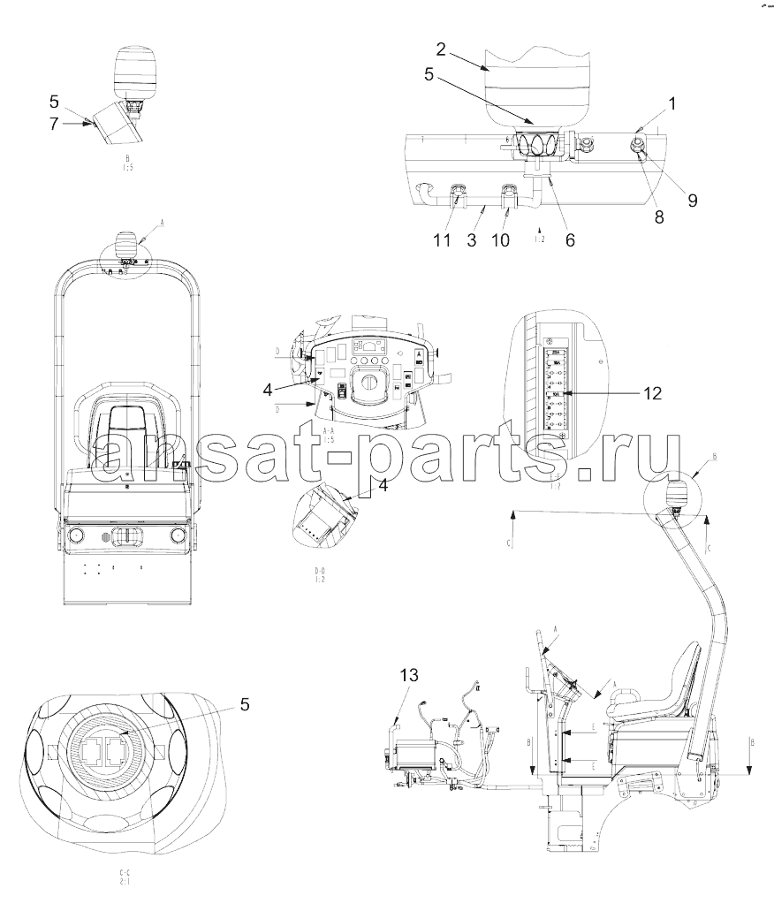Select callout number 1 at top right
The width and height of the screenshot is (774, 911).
(x=672, y=104)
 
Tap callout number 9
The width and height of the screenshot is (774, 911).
(x=692, y=200)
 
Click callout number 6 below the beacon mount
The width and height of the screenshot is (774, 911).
(x=570, y=239)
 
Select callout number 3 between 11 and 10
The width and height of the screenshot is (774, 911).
(x=473, y=239)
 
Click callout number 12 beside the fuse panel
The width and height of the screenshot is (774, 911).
(x=651, y=394)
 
